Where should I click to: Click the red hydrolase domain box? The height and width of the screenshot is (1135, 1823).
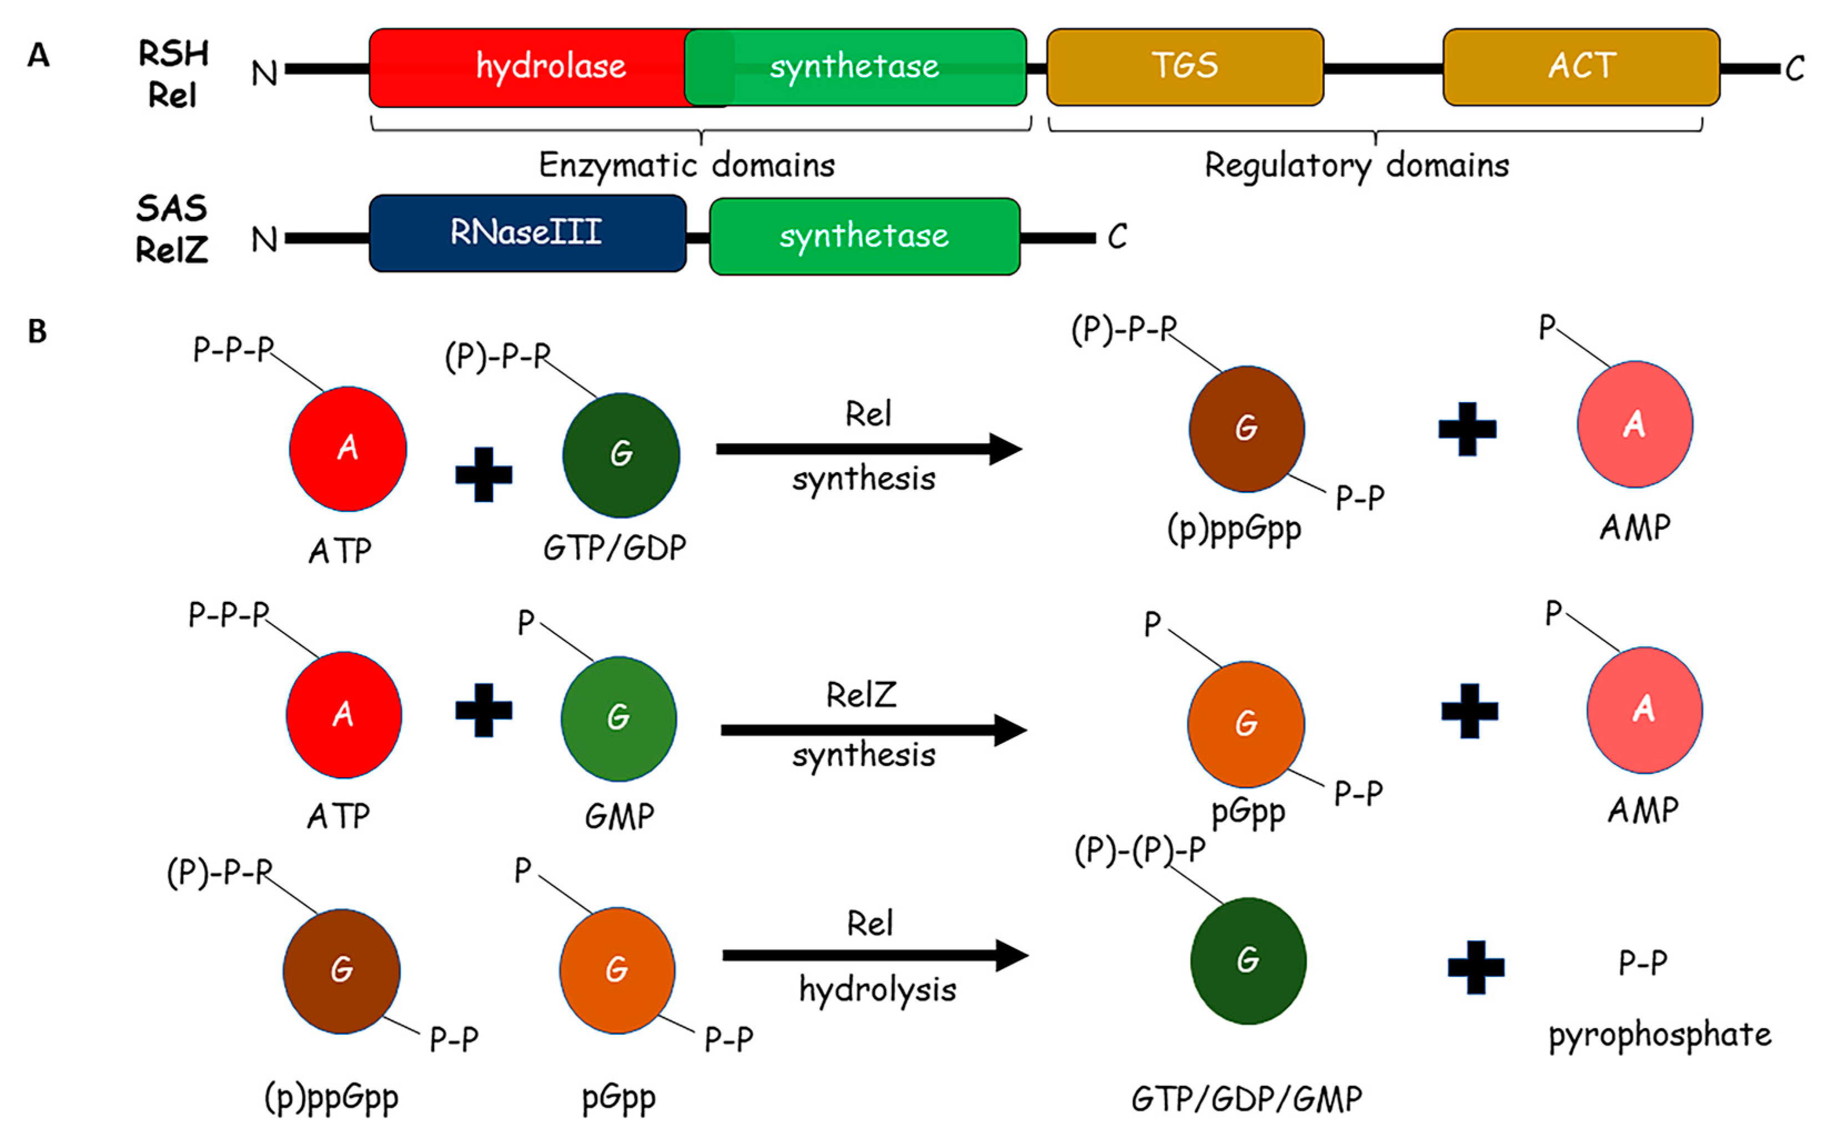click(x=526, y=68)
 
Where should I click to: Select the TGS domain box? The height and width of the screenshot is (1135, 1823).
click(x=1185, y=67)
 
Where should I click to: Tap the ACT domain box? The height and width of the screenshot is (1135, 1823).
click(x=1581, y=67)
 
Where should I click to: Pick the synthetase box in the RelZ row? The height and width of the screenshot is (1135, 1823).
click(x=864, y=236)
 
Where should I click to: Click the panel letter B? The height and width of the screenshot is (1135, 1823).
click(x=38, y=331)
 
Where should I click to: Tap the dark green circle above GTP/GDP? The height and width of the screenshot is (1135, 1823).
click(x=621, y=455)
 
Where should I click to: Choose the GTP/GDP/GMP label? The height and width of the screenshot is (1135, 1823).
click(x=1247, y=1099)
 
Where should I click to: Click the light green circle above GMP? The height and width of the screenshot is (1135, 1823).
click(x=618, y=718)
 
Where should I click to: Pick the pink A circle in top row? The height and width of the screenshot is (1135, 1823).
click(x=1634, y=424)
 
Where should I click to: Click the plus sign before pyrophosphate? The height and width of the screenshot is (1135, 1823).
click(x=1476, y=967)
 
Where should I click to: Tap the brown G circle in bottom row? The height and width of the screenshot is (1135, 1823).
click(x=342, y=971)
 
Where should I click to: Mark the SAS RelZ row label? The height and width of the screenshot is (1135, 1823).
click(x=172, y=229)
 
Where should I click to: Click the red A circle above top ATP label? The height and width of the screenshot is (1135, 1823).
click(x=348, y=448)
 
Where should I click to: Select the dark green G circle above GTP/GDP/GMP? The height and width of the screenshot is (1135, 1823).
click(x=1248, y=960)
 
